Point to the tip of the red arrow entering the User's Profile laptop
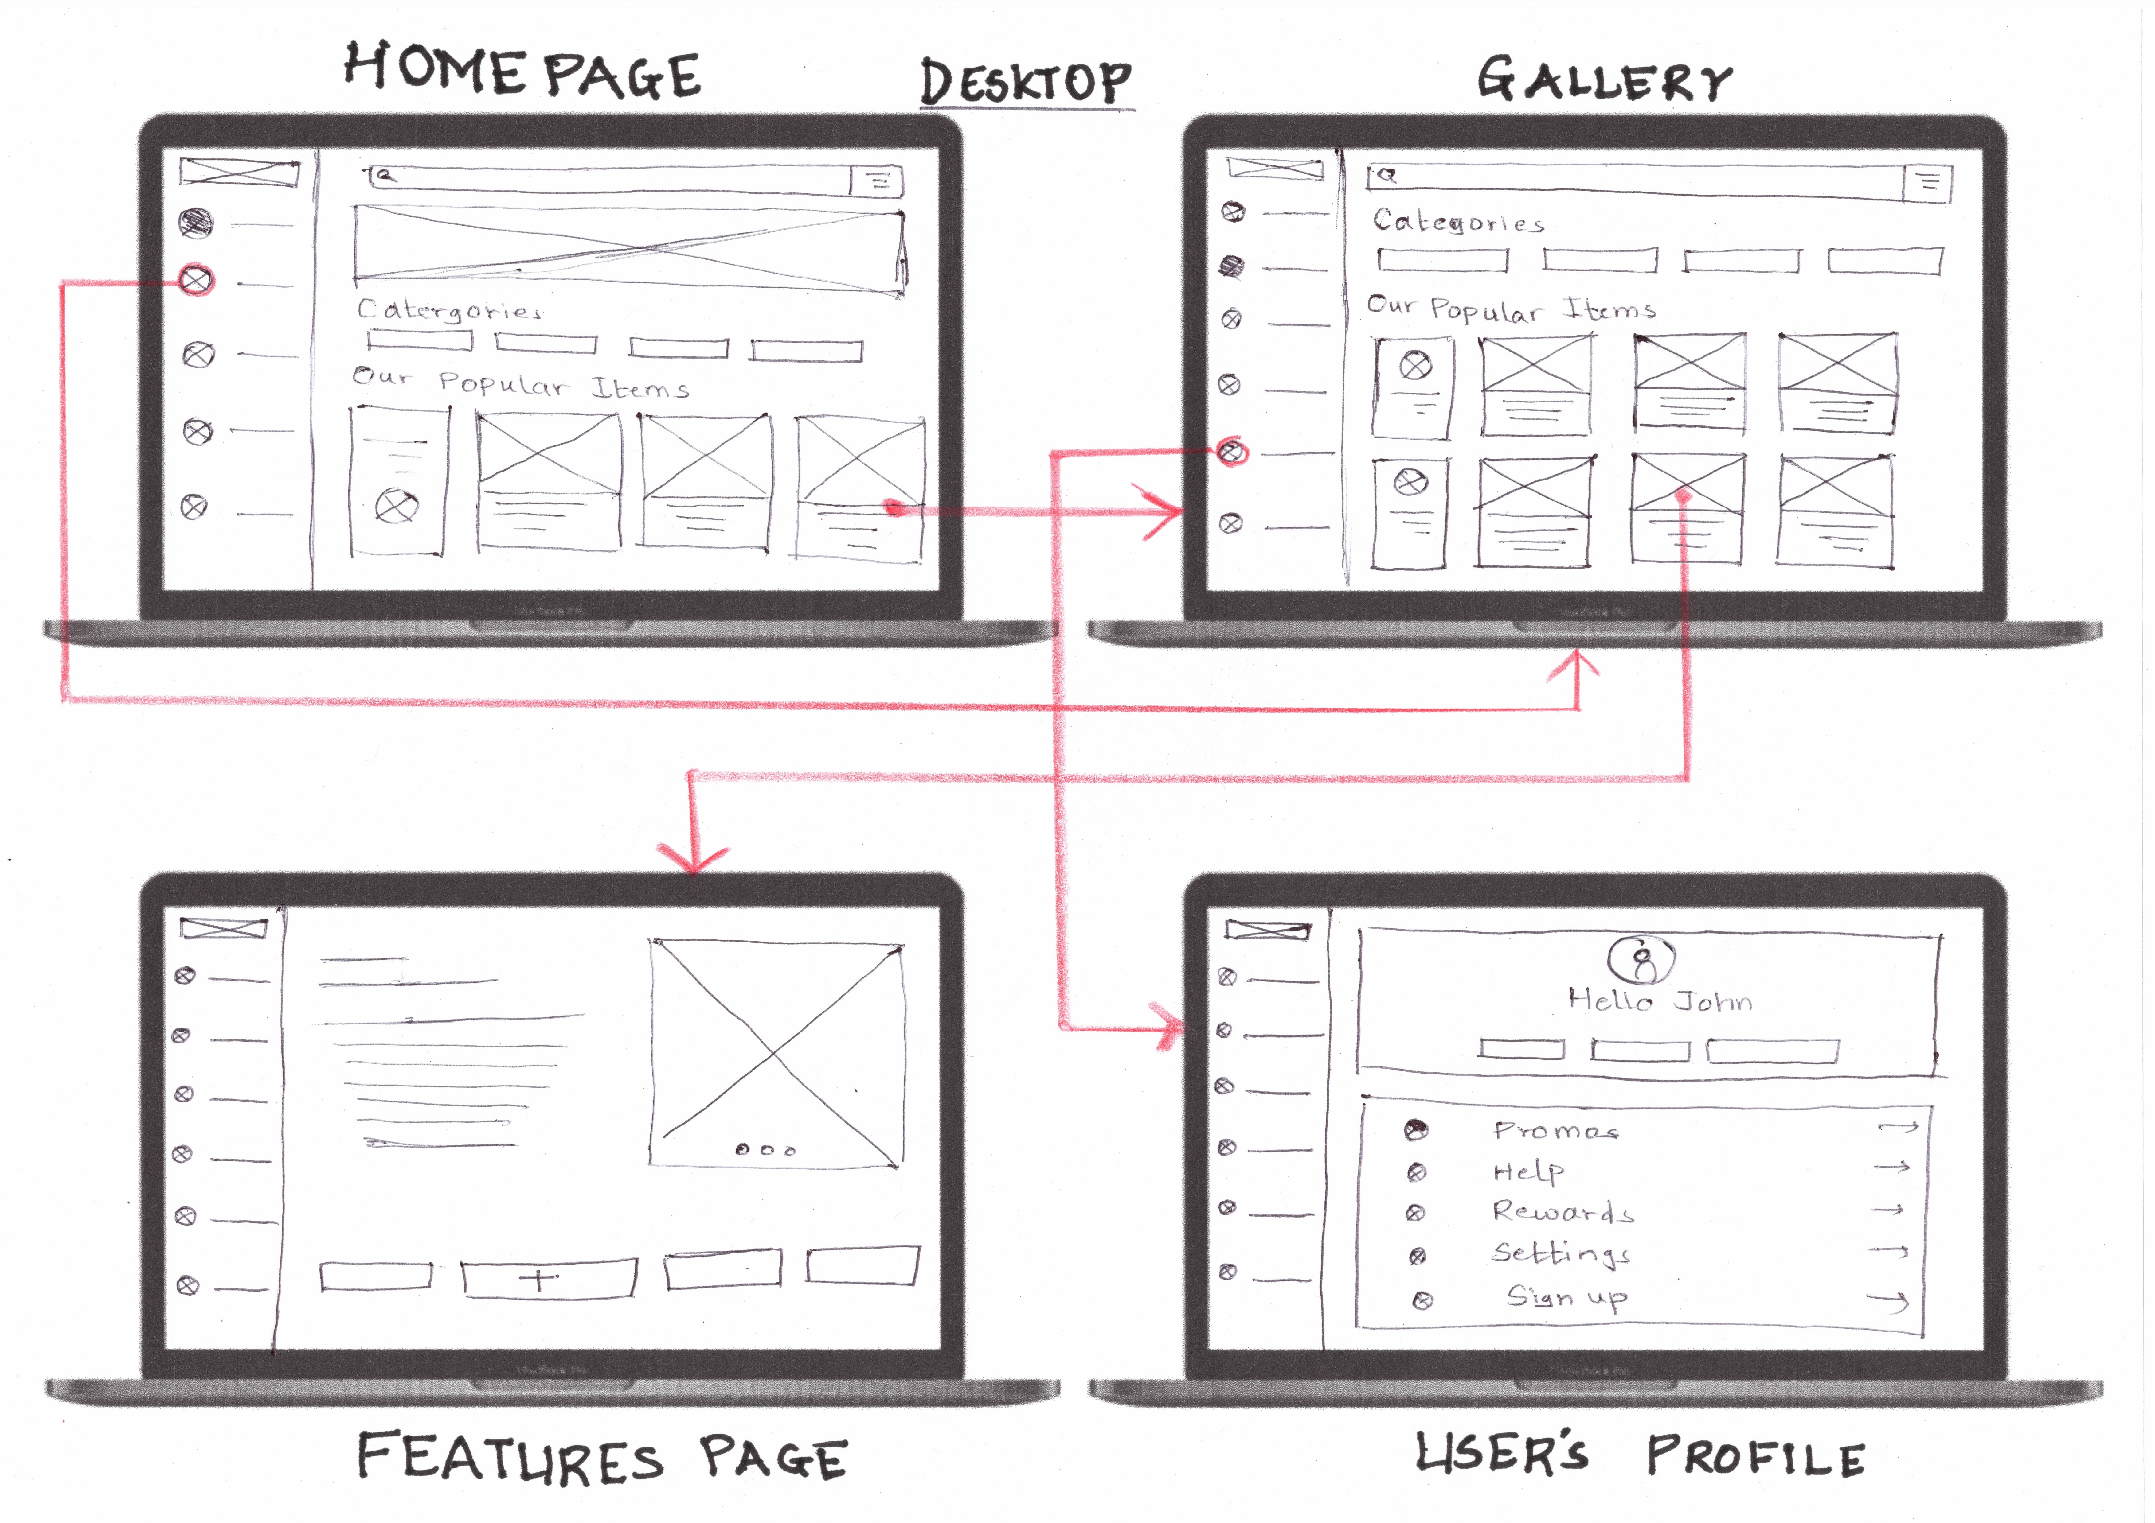(1184, 1028)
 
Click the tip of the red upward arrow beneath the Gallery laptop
(1578, 654)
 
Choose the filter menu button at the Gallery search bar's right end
(1928, 183)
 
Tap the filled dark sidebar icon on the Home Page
(196, 222)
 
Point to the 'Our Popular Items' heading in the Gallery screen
(1511, 308)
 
